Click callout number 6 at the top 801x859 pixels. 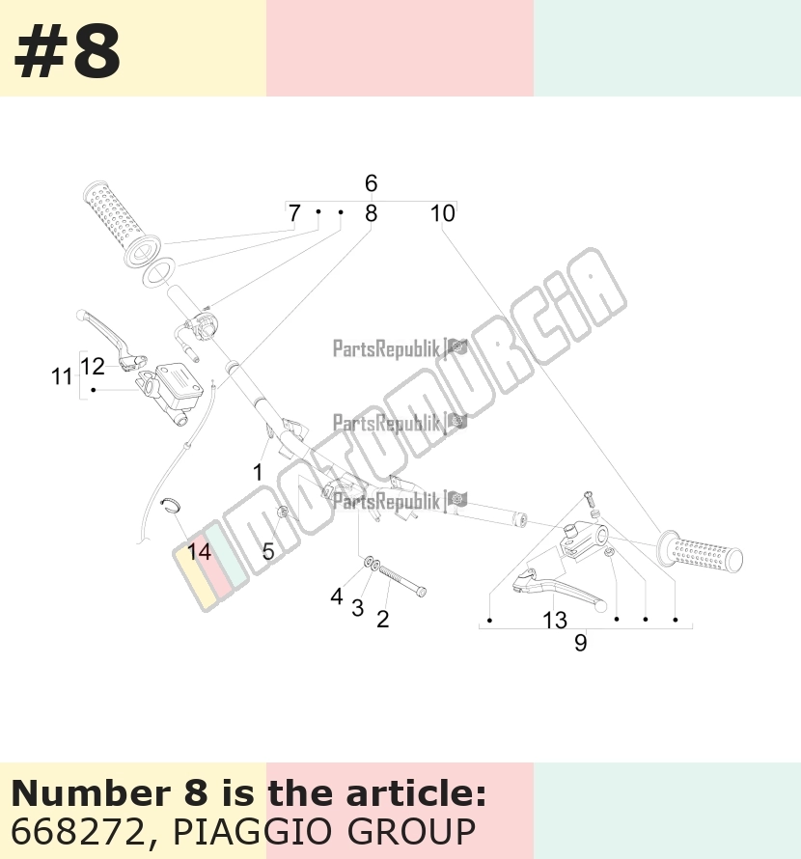coord(371,183)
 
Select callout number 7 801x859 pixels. coord(294,213)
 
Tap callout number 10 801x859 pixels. coord(442,213)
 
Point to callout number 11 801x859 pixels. coord(62,377)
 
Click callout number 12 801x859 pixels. coord(92,366)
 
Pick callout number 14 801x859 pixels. coord(199,552)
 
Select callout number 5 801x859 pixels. coord(268,551)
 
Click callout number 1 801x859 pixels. coord(258,472)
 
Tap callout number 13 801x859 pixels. coord(555,621)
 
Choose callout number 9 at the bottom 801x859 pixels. coord(581,643)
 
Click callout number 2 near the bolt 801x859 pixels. coord(382,619)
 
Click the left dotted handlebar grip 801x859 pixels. coord(122,225)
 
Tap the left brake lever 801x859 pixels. coord(111,337)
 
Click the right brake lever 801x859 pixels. coord(560,590)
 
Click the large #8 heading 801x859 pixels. coord(67,53)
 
